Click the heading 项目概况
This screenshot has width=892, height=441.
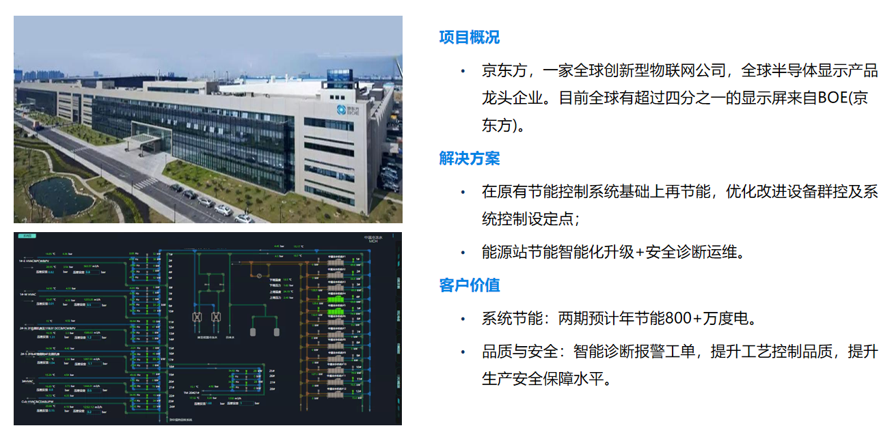coord(469,38)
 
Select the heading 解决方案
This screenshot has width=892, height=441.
coord(469,158)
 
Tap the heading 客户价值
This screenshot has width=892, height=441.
coord(469,285)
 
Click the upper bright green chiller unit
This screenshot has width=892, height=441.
coord(336,299)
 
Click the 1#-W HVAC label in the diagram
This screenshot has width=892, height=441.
coord(29,294)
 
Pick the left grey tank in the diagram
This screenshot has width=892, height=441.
coord(254,332)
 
